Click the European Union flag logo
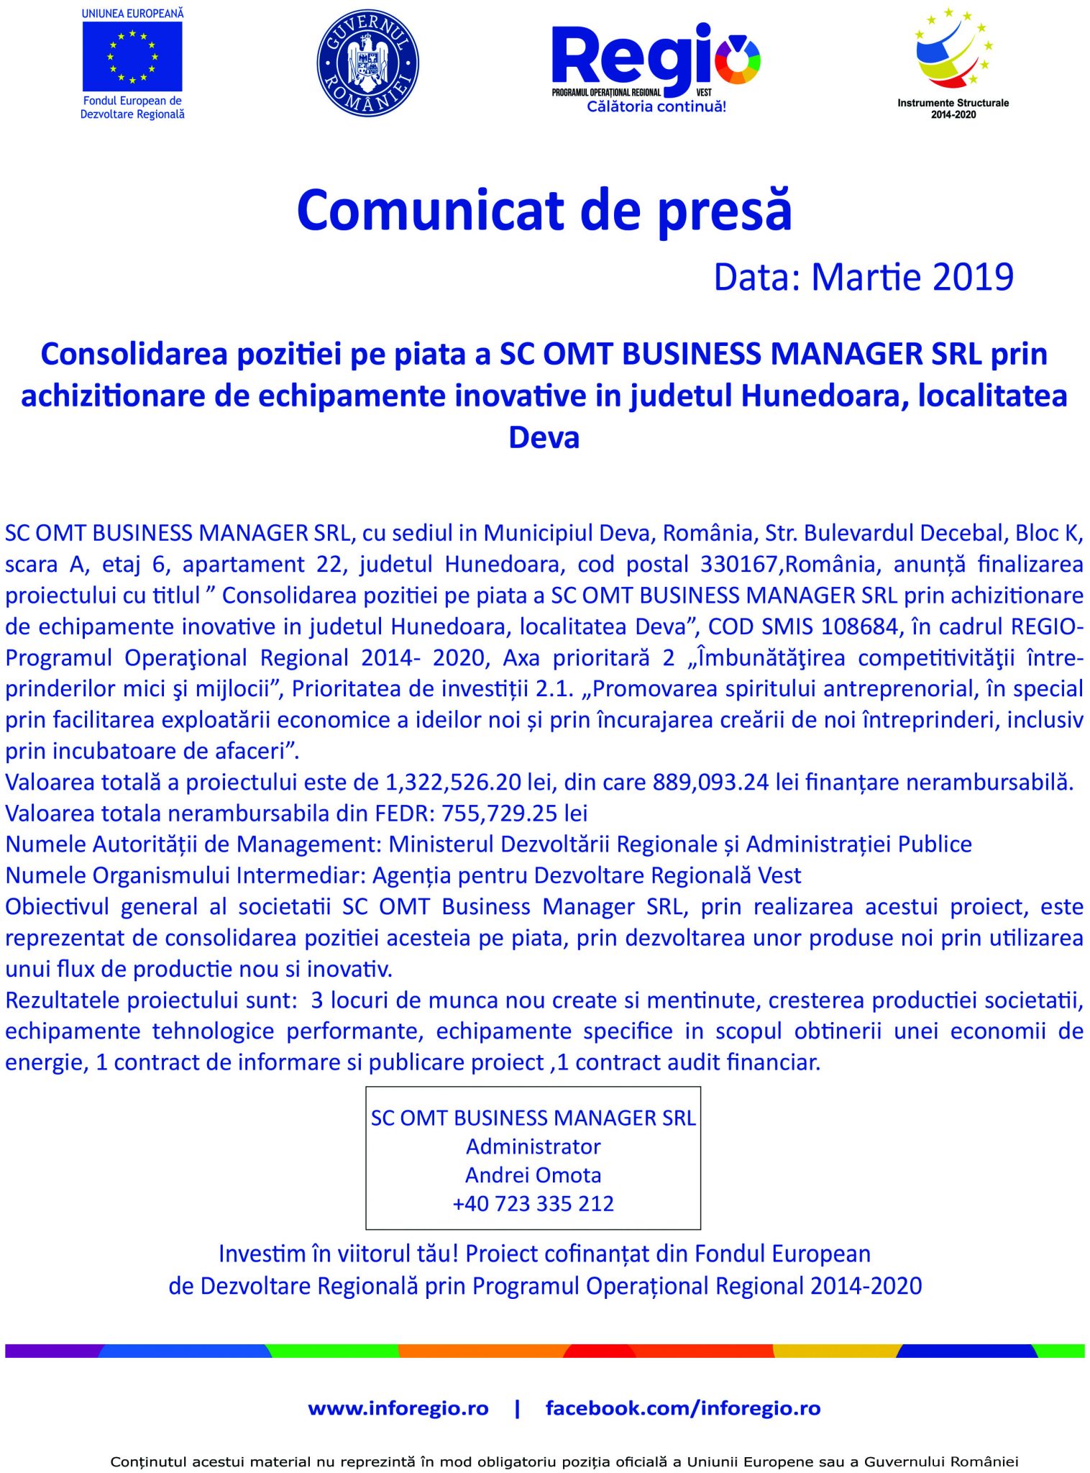pyautogui.click(x=132, y=56)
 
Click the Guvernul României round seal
pyautogui.click(x=367, y=63)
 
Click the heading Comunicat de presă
pyautogui.click(x=544, y=210)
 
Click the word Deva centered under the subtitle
pyautogui.click(x=544, y=437)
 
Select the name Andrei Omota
pyautogui.click(x=533, y=1175)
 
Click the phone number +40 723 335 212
pyautogui.click(x=533, y=1204)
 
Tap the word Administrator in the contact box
pyautogui.click(x=533, y=1146)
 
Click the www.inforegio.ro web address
pyautogui.click(x=398, y=1408)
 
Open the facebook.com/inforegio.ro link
pyautogui.click(x=683, y=1408)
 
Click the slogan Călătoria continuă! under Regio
pyautogui.click(x=656, y=107)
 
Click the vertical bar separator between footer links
pyautogui.click(x=517, y=1408)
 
